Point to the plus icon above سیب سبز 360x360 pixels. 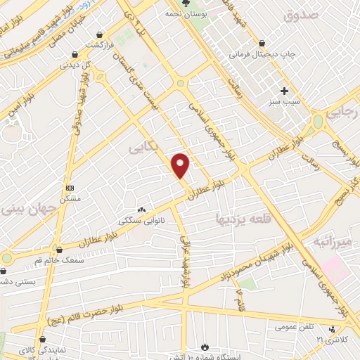tap(285, 91)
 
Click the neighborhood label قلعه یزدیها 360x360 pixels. tap(240, 219)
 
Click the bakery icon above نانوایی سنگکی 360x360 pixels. tap(142, 210)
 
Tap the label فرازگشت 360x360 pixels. tap(100, 45)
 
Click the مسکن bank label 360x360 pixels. tap(70, 200)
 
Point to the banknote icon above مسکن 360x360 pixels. tap(70, 188)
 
